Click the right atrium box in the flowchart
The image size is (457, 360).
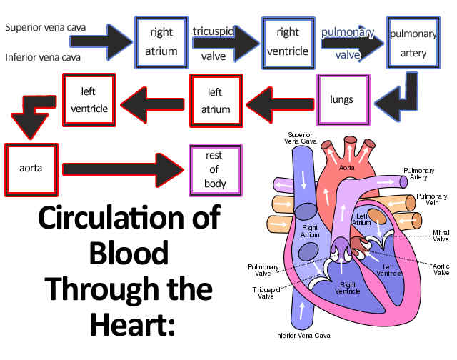(161, 41)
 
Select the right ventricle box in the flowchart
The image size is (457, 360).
(287, 41)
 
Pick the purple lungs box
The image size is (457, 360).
(342, 99)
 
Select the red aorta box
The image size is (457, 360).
(31, 169)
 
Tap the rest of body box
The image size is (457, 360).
(215, 169)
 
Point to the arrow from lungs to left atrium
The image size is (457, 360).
(279, 100)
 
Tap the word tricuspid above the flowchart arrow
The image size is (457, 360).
(214, 31)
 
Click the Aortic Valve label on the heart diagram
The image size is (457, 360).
(441, 269)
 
